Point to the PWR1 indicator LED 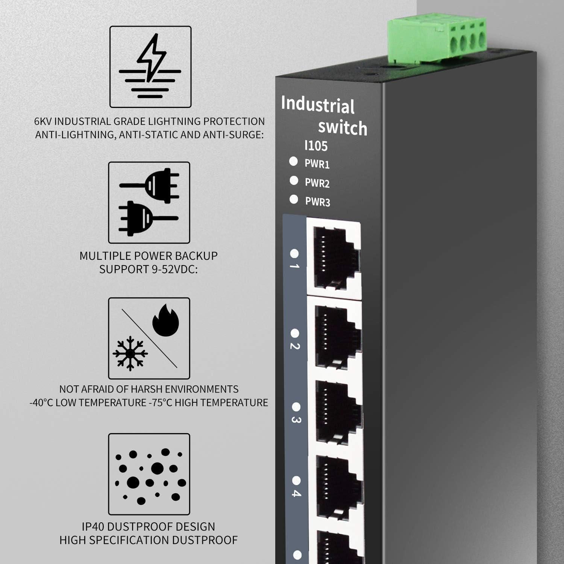[x=293, y=161]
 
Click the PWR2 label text [x=317, y=183]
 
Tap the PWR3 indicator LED [x=294, y=199]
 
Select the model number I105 [x=316, y=146]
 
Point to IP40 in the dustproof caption [x=94, y=526]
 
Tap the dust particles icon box [x=149, y=474]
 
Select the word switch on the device [x=343, y=128]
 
